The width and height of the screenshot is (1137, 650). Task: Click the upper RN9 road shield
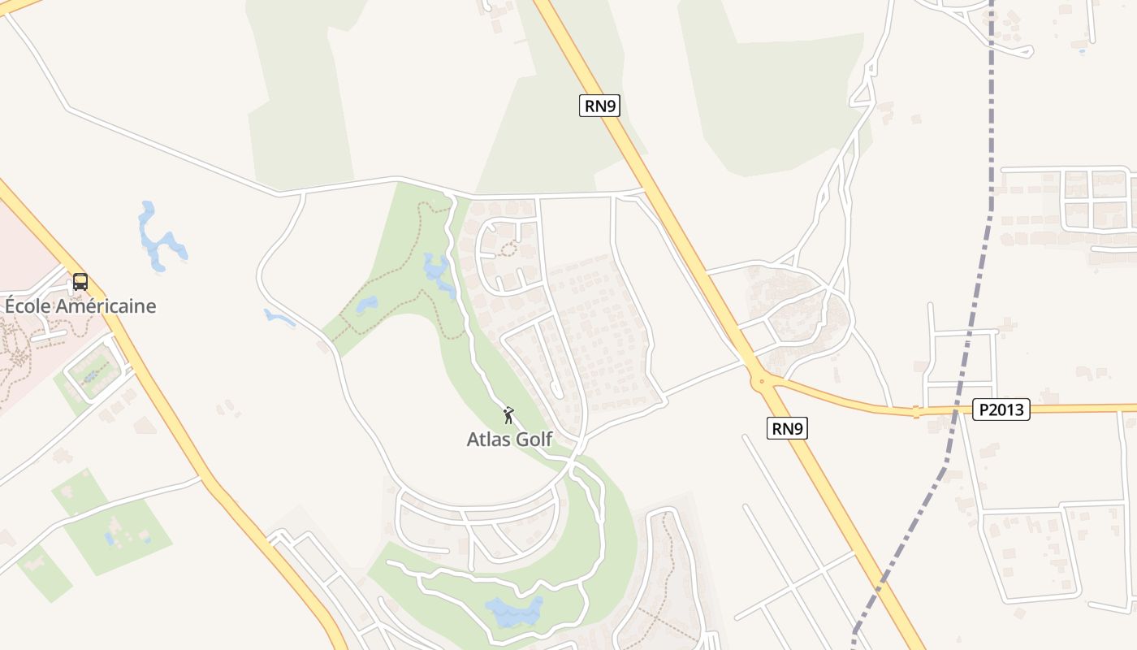(599, 106)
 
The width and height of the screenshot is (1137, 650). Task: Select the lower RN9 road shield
(787, 428)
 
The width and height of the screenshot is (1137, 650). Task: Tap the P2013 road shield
(1001, 409)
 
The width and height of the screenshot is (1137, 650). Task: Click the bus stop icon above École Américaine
(80, 282)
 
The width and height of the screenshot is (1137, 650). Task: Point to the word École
(26, 306)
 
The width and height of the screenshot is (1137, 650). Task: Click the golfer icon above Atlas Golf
(508, 415)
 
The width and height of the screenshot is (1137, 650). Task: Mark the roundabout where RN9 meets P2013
(760, 380)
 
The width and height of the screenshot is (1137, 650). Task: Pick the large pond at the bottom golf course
(513, 610)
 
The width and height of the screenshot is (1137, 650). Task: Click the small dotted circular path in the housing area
(508, 249)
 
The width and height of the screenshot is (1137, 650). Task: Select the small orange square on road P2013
(915, 412)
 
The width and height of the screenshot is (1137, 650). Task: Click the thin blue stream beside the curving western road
(279, 318)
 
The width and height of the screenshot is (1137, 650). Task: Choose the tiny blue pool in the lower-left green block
(110, 538)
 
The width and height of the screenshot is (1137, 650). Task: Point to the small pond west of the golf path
(366, 304)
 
